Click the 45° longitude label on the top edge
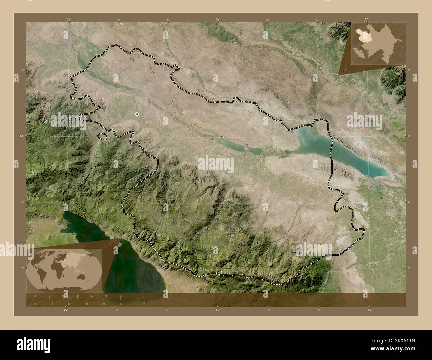[68, 19]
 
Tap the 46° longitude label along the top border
[218, 19]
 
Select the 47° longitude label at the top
[366, 19]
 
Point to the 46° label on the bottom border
[217, 310]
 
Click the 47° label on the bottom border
[369, 310]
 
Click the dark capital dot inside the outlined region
[137, 114]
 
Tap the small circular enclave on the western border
[73, 121]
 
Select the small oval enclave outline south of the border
[102, 135]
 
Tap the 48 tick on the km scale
[120, 296]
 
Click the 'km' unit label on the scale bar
[144, 297]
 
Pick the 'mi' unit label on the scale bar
[144, 303]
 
